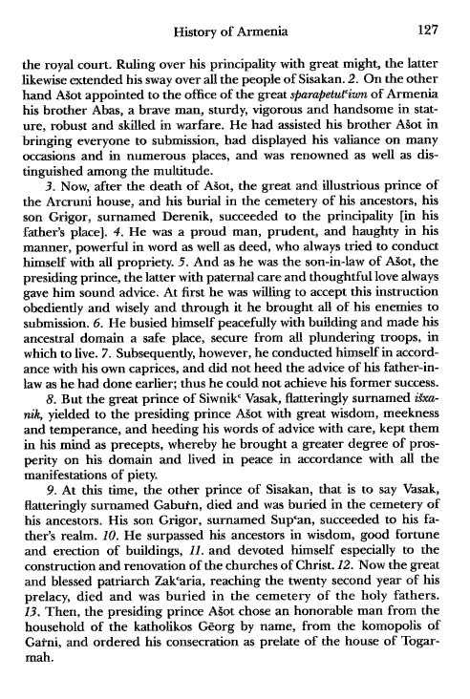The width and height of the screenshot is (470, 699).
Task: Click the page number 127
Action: coord(434,13)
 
